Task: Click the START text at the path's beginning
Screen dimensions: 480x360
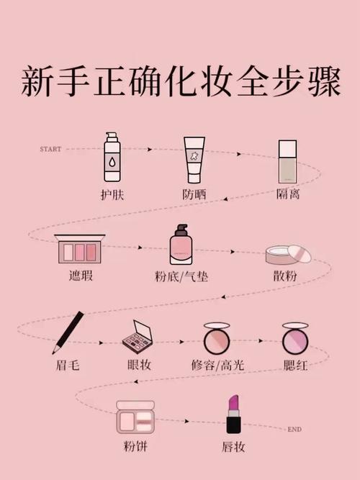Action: [x=51, y=149]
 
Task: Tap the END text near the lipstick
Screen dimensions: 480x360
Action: [x=294, y=430]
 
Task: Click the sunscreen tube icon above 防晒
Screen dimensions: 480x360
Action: [x=194, y=160]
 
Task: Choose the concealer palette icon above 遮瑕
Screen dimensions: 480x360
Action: [x=80, y=249]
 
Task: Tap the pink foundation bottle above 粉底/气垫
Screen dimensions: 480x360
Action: [x=181, y=247]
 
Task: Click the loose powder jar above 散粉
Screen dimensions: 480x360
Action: [x=286, y=254]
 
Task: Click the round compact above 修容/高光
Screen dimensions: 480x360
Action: [x=215, y=337]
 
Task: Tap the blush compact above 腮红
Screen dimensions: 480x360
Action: [x=294, y=337]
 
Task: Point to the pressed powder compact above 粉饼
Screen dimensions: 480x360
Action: [x=135, y=417]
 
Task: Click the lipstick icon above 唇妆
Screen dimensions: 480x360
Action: [x=234, y=414]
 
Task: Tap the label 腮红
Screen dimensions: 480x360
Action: [x=295, y=365]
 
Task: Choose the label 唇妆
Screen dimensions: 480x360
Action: [x=233, y=447]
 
